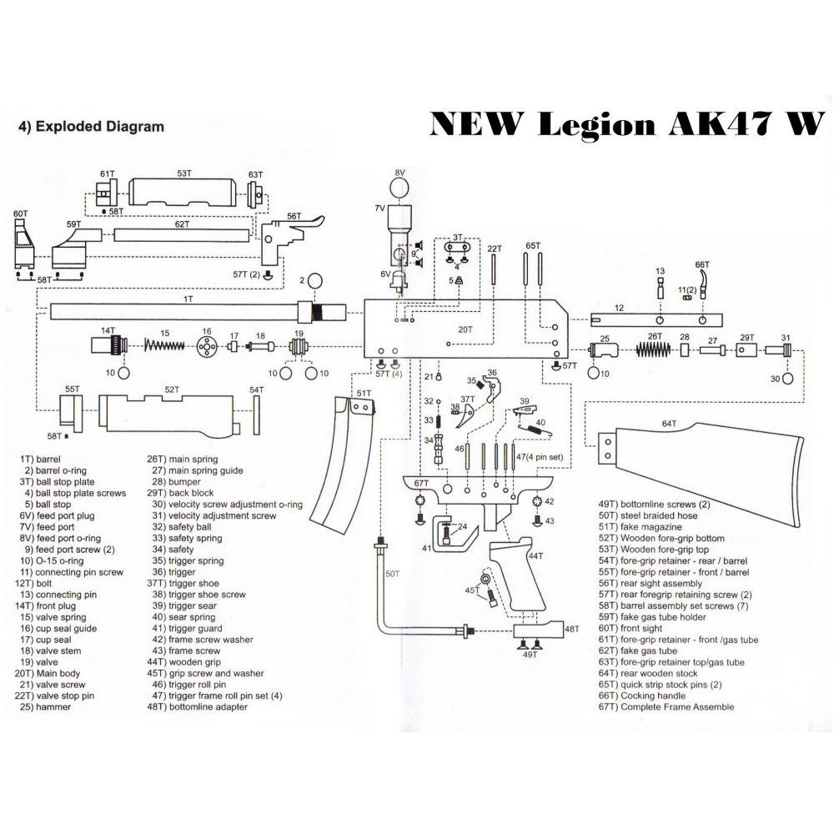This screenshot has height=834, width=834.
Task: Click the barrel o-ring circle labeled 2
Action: click(x=316, y=280)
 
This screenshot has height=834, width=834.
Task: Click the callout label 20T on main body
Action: click(x=465, y=330)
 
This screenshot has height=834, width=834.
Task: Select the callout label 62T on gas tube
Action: click(x=181, y=224)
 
